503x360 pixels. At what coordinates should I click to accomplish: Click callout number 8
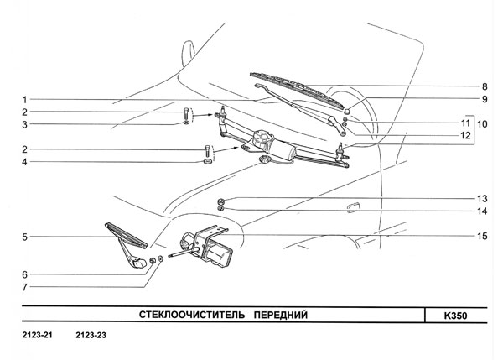485,86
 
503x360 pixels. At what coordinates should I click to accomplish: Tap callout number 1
26,98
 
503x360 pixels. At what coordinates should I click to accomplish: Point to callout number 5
26,237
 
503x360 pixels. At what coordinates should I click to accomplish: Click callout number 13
485,198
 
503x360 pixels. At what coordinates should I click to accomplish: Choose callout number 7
26,287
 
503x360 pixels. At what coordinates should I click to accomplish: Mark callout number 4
26,162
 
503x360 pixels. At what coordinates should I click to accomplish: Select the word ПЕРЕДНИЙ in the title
277,316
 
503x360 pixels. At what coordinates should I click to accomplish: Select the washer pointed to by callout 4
205,159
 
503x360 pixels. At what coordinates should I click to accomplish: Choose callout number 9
485,99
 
